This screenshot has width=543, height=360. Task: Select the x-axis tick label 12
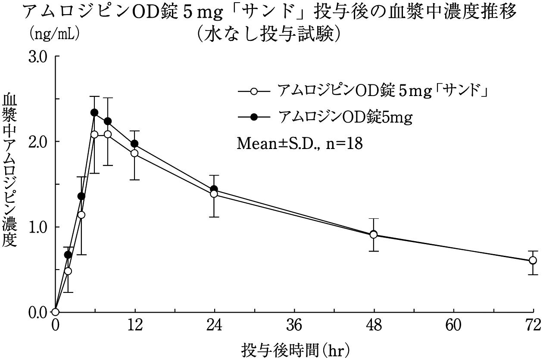click(135, 326)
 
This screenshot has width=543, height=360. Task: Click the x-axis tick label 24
click(215, 326)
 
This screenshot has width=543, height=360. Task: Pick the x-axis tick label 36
click(294, 326)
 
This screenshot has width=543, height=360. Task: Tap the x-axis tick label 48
click(374, 326)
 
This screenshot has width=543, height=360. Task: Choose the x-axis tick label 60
click(454, 326)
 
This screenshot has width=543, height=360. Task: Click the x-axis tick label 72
click(533, 326)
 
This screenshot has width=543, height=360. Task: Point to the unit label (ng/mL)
click(53, 33)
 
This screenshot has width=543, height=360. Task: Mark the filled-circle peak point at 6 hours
click(94, 113)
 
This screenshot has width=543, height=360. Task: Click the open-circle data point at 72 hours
click(533, 260)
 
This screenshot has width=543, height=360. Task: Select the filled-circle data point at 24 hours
click(214, 189)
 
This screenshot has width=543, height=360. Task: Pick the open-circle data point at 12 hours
click(134, 153)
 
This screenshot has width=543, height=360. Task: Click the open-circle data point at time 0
click(55, 312)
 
